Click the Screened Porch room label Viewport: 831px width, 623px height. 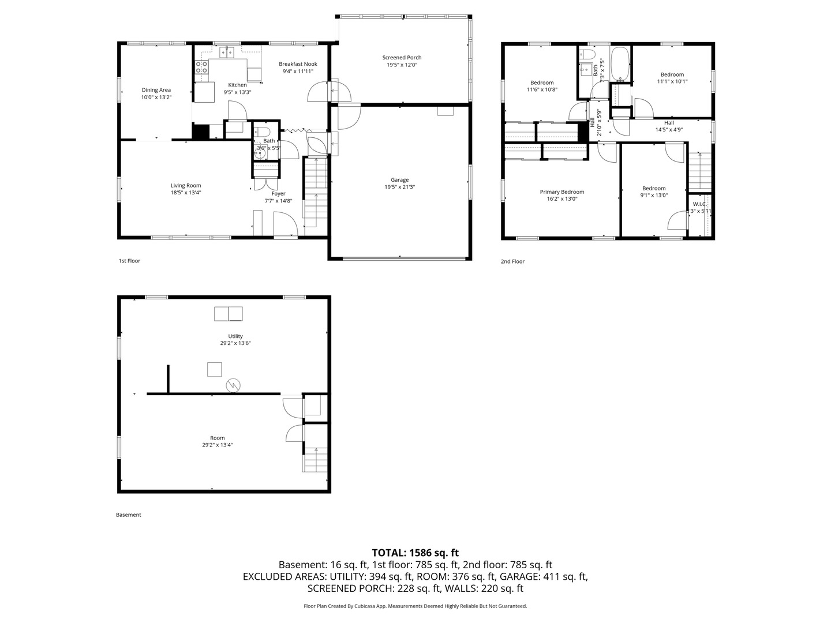point(402,58)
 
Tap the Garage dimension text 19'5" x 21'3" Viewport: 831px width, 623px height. point(400,187)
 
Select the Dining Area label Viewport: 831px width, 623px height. point(156,90)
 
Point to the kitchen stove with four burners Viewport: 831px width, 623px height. point(201,67)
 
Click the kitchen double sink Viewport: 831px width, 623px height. point(227,52)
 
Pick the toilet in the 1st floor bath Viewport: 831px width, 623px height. point(263,132)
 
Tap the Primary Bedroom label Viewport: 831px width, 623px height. point(562,192)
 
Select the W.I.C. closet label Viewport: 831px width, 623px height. point(699,204)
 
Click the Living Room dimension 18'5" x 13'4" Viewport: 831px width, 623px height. point(185,193)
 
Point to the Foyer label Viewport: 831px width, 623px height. point(278,194)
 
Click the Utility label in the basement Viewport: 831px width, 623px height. point(235,336)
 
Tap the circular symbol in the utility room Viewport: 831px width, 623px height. point(233,385)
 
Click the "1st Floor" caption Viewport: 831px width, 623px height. point(129,261)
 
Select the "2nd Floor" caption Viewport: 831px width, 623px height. point(512,261)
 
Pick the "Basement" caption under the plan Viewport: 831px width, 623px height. point(128,515)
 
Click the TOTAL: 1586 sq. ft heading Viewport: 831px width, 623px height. point(415,553)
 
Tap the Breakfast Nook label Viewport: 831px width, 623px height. point(298,64)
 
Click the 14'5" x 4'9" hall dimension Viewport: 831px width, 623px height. point(669,129)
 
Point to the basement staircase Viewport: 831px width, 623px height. point(315,459)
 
